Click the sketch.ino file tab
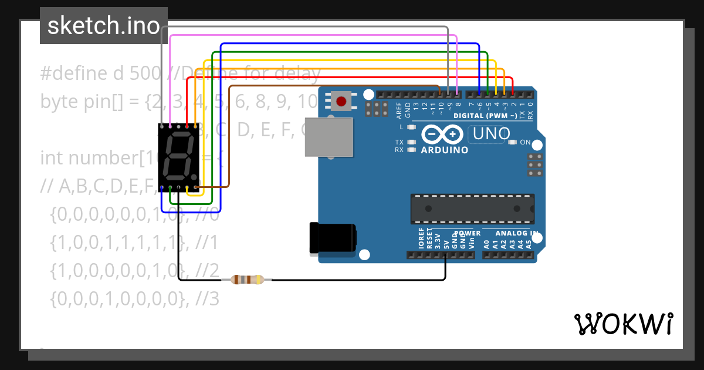103,26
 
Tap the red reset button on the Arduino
341,101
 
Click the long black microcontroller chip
472,208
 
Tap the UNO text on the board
492,134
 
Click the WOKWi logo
623,324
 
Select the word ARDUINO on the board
445,150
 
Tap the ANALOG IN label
516,233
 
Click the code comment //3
208,299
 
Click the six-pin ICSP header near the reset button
377,108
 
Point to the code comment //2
208,271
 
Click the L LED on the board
411,127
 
